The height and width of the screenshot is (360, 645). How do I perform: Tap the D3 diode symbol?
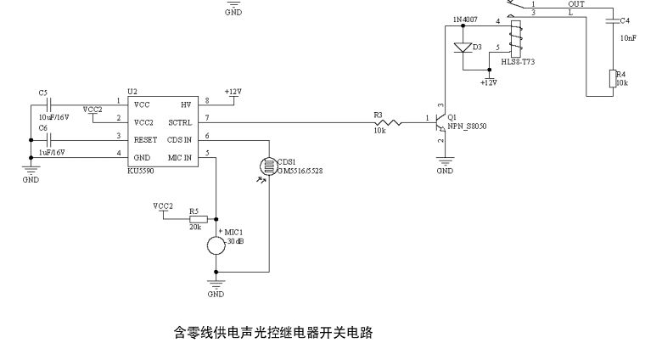tap(463, 48)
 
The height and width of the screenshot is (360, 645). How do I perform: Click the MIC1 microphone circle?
tap(216, 245)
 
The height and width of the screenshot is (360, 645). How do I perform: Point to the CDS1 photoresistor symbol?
tap(269, 164)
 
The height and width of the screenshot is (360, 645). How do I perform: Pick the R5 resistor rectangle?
tap(193, 219)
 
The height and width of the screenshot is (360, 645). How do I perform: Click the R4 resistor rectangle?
tap(612, 79)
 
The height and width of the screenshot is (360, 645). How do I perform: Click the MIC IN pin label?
tap(180, 157)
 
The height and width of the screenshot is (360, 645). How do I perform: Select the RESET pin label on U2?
tap(145, 138)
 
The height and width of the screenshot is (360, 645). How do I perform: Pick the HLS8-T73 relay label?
tap(518, 63)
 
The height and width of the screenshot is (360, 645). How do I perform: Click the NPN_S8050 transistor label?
tap(467, 126)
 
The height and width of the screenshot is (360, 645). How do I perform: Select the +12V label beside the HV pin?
tap(233, 91)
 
